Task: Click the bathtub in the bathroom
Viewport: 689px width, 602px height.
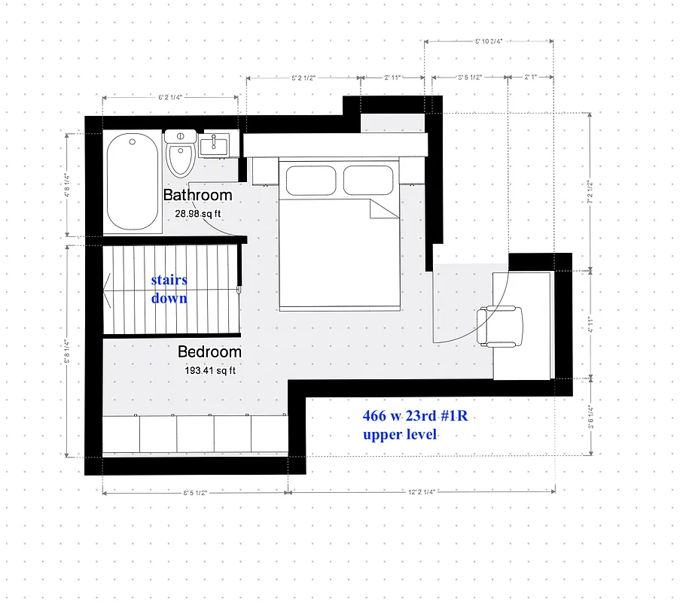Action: [x=132, y=181]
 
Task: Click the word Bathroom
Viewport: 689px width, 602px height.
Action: [x=197, y=196]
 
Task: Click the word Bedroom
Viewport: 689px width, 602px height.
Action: [x=209, y=352]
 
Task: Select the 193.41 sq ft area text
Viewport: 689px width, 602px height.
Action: [x=210, y=370]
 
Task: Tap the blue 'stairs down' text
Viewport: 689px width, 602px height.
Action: [x=169, y=289]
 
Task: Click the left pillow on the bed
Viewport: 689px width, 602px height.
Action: [x=310, y=181]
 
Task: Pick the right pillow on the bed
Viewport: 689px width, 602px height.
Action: [x=369, y=181]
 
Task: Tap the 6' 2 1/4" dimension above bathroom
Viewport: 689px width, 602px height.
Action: [x=171, y=97]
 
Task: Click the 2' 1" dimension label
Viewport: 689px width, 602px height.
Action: [x=530, y=77]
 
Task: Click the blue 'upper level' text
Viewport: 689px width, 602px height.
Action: [x=399, y=435]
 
